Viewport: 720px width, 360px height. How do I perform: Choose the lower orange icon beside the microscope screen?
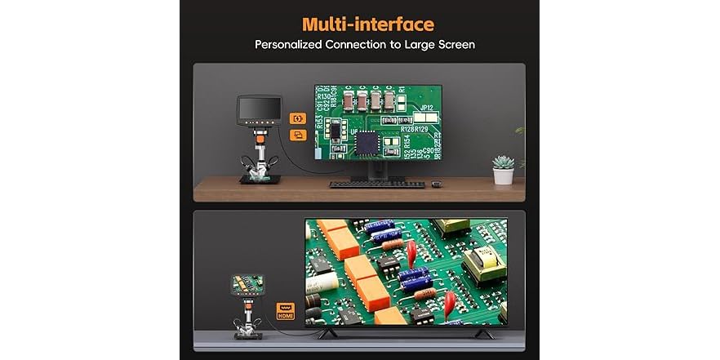297,136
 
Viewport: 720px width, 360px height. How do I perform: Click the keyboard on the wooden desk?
376,184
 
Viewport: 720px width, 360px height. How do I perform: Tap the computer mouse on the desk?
437,183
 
